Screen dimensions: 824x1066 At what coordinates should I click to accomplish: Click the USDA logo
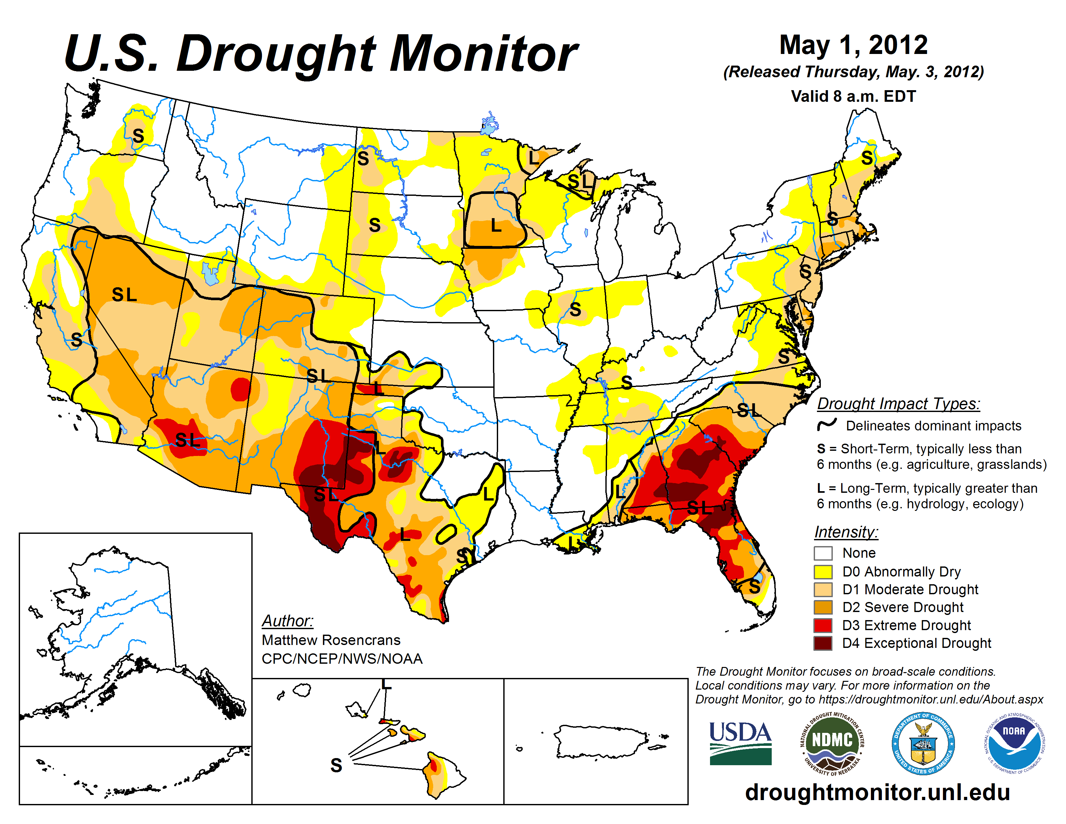coord(740,743)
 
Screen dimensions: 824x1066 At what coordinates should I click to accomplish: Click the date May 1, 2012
coord(853,45)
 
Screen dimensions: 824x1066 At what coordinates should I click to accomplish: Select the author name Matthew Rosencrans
coord(331,640)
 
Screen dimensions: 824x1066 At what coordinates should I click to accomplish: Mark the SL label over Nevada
coord(124,294)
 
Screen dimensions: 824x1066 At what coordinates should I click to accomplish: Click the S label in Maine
coord(867,158)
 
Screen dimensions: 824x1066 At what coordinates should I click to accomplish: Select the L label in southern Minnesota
coord(496,226)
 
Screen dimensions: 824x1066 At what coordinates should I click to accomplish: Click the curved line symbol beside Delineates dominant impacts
coord(827,425)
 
